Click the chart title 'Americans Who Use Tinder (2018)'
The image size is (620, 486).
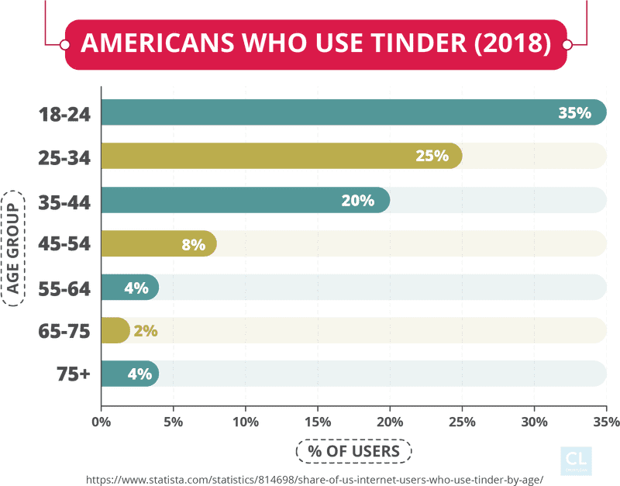315,44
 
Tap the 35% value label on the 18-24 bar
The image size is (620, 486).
574,113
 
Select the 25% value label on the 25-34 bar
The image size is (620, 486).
432,156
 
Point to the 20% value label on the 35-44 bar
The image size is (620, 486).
357,201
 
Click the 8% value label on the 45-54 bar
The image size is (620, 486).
193,245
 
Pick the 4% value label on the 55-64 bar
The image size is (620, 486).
136,288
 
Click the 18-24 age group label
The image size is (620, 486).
65,115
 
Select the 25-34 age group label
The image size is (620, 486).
65,158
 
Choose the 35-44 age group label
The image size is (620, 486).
65,202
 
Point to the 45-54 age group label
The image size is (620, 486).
65,245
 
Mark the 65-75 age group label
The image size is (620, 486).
65,332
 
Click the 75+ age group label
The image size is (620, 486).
74,375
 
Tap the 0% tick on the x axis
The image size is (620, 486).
102,422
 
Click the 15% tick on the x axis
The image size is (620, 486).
318,422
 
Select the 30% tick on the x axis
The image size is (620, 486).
534,422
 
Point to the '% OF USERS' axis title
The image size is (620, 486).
353,450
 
